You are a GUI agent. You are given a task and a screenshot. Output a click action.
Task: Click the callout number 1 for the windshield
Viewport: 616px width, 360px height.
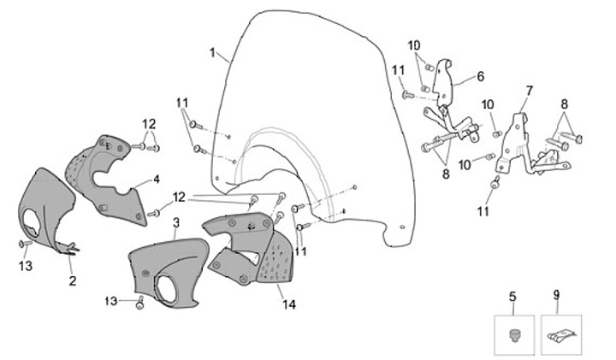(x=212, y=53)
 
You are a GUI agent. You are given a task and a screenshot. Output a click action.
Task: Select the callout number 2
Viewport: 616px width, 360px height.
(x=73, y=280)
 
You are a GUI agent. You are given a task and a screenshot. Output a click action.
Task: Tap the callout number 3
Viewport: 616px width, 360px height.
(x=176, y=223)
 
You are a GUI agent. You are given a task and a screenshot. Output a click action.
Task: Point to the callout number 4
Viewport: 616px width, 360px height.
(x=157, y=180)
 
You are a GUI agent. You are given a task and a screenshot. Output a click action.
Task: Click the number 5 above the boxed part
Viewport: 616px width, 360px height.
(x=512, y=297)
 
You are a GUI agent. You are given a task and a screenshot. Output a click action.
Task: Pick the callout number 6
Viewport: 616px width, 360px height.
(x=481, y=76)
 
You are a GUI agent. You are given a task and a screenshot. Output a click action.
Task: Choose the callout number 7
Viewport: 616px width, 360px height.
(x=530, y=91)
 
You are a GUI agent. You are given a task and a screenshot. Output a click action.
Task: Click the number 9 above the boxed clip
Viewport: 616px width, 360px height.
(x=557, y=295)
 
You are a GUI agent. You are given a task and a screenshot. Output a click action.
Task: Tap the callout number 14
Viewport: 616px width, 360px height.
(x=289, y=304)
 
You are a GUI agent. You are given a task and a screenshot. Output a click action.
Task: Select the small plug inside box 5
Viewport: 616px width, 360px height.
(x=514, y=336)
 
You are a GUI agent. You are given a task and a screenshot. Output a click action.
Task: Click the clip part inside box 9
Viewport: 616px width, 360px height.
(x=561, y=336)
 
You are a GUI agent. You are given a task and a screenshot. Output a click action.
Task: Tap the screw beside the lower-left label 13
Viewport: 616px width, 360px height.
(x=25, y=245)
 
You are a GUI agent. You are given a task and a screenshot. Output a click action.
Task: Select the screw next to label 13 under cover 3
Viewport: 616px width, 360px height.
(x=139, y=304)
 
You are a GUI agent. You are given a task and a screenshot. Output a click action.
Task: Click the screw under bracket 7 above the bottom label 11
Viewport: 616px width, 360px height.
(x=495, y=183)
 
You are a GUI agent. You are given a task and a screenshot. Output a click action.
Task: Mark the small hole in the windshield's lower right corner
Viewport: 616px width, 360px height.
(x=401, y=227)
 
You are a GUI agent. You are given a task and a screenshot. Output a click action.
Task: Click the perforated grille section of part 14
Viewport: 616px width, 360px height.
(x=275, y=259)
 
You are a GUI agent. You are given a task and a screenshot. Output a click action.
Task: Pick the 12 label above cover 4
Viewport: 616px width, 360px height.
(x=149, y=125)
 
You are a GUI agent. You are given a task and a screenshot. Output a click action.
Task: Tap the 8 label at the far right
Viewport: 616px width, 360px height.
(x=565, y=104)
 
